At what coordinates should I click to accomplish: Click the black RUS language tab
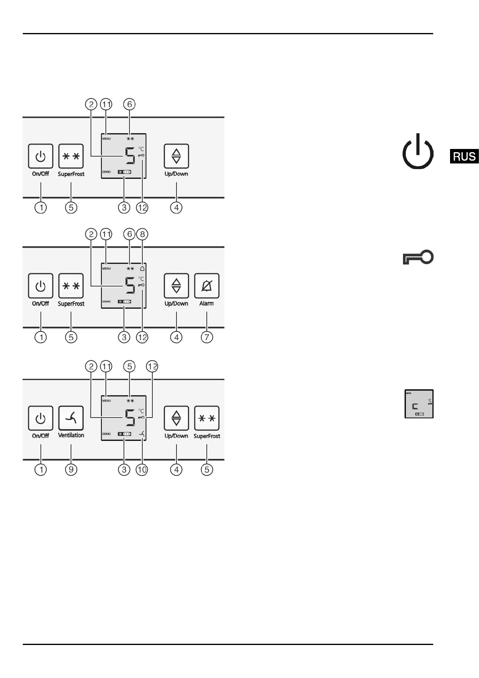tap(464, 156)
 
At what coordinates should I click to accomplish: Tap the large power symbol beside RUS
tap(418, 152)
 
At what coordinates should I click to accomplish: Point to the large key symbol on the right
tap(418, 257)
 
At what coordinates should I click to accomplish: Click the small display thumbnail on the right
tap(419, 404)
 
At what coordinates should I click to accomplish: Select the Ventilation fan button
tap(71, 418)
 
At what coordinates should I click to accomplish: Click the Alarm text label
tap(207, 304)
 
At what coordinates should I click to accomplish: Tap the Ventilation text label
tap(71, 435)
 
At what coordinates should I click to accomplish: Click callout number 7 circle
tap(207, 337)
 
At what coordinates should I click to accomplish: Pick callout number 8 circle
tap(142, 234)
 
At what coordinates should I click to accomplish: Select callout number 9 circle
tap(71, 469)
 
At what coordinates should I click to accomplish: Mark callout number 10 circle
tap(142, 469)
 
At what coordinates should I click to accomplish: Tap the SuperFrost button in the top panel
tap(71, 156)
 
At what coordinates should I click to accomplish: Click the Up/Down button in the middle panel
tap(176, 286)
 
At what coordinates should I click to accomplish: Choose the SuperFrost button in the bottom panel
tap(207, 418)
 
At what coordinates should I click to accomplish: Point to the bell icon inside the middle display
tap(142, 269)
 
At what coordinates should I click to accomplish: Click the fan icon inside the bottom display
tap(142, 434)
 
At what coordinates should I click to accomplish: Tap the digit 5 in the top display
tap(130, 156)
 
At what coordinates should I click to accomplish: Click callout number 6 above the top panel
tap(130, 104)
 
